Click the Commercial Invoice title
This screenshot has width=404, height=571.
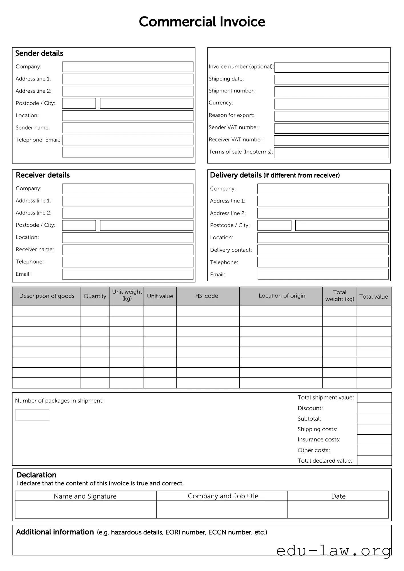pyautogui.click(x=202, y=22)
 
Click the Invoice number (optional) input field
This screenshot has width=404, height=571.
pyautogui.click(x=332, y=67)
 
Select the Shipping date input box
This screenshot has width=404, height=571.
pyautogui.click(x=332, y=80)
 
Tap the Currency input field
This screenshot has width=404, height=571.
pyautogui.click(x=332, y=104)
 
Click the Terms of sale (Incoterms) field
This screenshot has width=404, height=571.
pyautogui.click(x=332, y=153)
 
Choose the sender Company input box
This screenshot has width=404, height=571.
pyautogui.click(x=128, y=67)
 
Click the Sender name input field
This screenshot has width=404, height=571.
pyautogui.click(x=128, y=128)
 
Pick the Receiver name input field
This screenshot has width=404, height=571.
pyautogui.click(x=128, y=250)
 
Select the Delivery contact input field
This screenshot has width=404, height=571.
pyautogui.click(x=323, y=250)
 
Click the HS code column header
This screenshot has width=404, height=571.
pyautogui.click(x=207, y=296)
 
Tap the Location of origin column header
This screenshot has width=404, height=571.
pyautogui.click(x=282, y=296)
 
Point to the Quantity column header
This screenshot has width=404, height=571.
pyautogui.click(x=95, y=296)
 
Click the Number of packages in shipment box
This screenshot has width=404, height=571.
pyautogui.click(x=32, y=415)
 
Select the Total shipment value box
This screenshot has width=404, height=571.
pyautogui.click(x=374, y=398)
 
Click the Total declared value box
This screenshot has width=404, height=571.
pyautogui.click(x=374, y=461)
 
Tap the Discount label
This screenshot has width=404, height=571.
pyautogui.click(x=310, y=408)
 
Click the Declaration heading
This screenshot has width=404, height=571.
pyautogui.click(x=36, y=475)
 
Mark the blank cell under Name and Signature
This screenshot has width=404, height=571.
pyautogui.click(x=86, y=509)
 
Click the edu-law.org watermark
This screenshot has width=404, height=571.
pyautogui.click(x=333, y=550)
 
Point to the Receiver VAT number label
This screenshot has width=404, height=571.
pyautogui.click(x=236, y=139)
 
